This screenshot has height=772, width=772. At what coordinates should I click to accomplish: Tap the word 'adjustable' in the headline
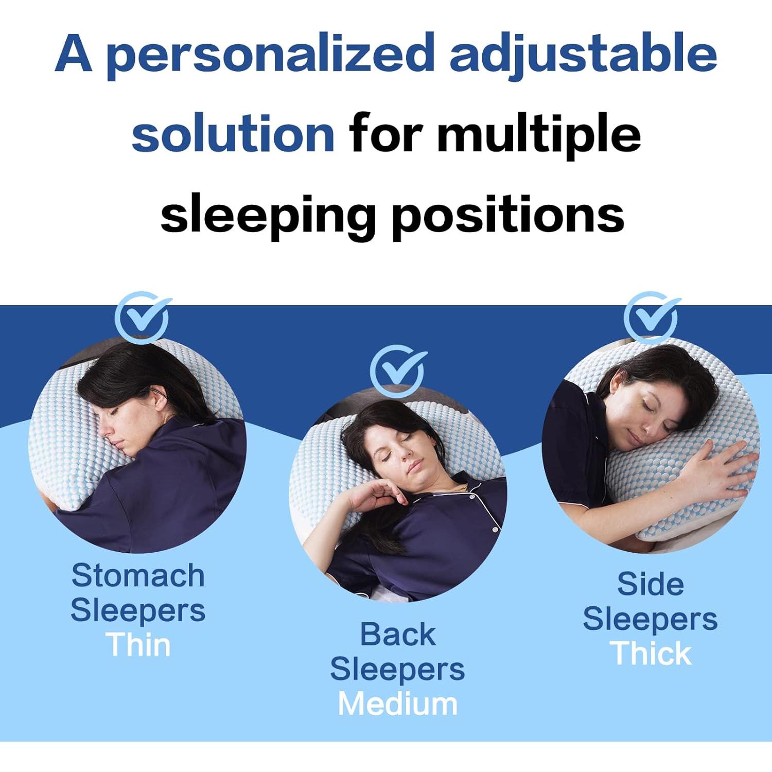tap(583, 54)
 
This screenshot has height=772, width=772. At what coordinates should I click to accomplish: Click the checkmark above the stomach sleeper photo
tap(142, 317)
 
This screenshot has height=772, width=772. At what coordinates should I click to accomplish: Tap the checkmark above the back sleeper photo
tap(397, 371)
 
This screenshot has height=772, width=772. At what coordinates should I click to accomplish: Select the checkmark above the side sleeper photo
tap(651, 317)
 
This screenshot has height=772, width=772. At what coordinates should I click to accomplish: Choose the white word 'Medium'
tap(397, 704)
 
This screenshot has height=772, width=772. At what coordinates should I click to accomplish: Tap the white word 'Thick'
tap(651, 653)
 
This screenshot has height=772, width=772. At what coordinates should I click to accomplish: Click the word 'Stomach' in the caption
tap(138, 575)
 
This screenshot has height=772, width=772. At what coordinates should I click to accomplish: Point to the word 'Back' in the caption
tap(397, 634)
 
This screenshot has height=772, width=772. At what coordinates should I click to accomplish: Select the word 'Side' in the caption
tap(651, 584)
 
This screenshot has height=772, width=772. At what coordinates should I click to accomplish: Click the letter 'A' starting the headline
tap(74, 54)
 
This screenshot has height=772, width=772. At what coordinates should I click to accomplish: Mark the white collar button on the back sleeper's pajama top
tap(472, 497)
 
